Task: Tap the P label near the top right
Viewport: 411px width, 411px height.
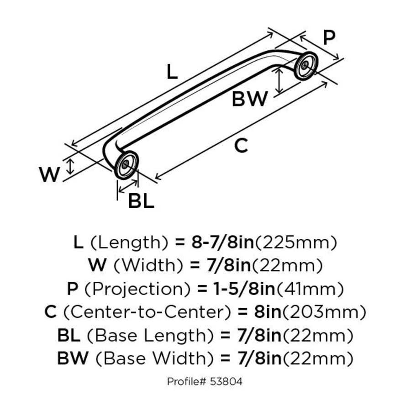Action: tap(329, 38)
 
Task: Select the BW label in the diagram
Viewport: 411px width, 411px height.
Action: tap(249, 99)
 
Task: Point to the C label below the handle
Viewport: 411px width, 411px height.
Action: tap(241, 146)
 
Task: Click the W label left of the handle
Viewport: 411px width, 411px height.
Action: tap(49, 174)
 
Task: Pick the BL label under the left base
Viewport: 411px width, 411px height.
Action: tap(141, 200)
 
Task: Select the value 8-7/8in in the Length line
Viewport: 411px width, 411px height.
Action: tap(222, 242)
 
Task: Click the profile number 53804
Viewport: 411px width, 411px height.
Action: tap(227, 381)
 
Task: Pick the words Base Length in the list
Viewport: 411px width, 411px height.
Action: tap(151, 336)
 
